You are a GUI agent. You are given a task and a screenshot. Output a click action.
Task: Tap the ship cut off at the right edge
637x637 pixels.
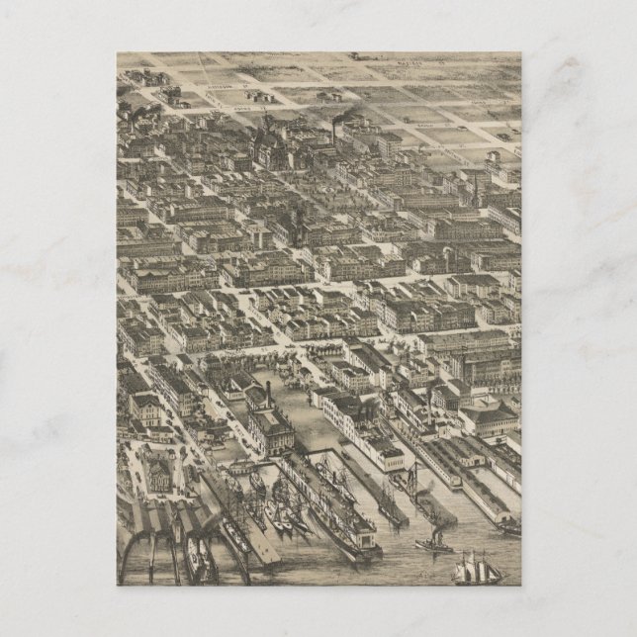(x=510, y=528)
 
